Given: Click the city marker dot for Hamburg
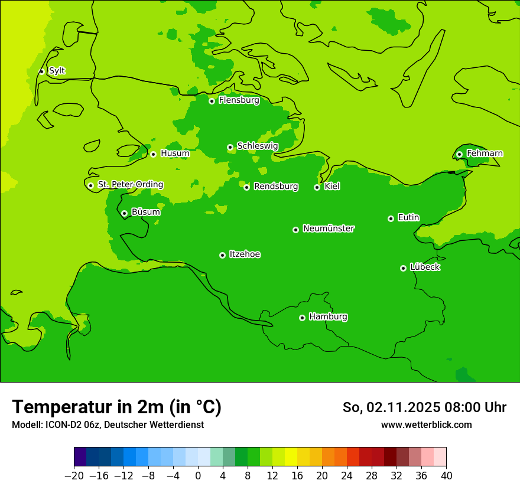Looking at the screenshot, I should pos(302,318).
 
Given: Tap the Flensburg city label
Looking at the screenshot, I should pos(239,100).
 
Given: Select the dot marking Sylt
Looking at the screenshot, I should pos(41,71).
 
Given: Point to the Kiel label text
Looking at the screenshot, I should pos(332,187).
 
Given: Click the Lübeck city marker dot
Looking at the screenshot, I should pos(403,268).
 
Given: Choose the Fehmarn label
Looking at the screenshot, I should pos(485,153).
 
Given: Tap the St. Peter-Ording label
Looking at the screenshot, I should pos(130,185).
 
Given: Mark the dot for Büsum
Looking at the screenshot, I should pos(124,213).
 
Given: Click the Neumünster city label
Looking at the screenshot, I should pos(328,228).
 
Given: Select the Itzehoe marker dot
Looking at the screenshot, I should pos(222,255).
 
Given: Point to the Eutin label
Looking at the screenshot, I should pos(408,218).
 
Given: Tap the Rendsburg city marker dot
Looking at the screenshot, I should pos(246,187).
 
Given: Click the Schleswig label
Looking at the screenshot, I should pos(257,146).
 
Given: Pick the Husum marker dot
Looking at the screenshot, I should pos(153,154).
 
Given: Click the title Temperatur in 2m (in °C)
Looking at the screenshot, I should pos(116,407).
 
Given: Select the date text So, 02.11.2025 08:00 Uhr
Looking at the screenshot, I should pos(424,407).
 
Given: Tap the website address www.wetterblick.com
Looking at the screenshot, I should pos(426,424).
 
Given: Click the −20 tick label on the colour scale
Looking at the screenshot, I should pos(74,476).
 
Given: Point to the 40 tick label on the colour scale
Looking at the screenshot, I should pos(446,476).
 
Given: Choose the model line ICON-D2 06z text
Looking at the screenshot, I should pos(108,424).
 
